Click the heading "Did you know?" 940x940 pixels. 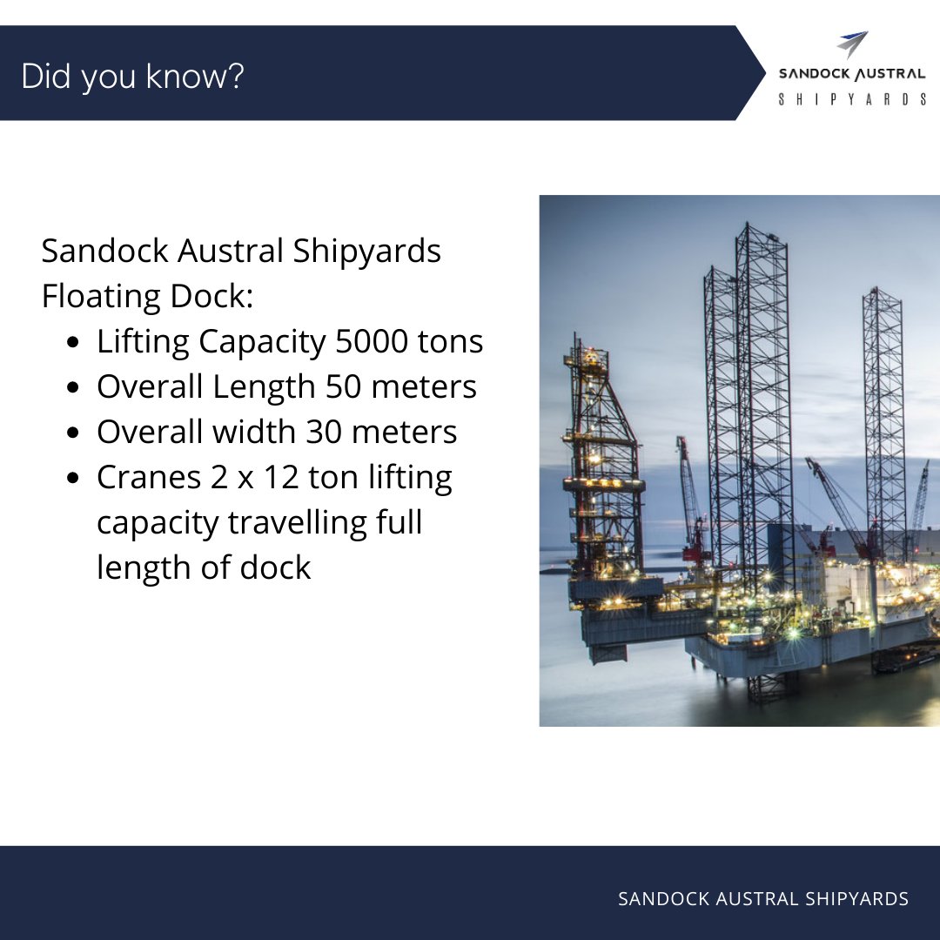(x=132, y=77)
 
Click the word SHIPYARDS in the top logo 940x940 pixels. (x=852, y=100)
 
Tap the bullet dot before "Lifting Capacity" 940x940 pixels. (x=75, y=343)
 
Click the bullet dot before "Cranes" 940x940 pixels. (x=75, y=479)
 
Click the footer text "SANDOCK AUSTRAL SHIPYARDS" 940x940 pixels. (x=762, y=898)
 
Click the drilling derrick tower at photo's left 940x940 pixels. (x=601, y=461)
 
